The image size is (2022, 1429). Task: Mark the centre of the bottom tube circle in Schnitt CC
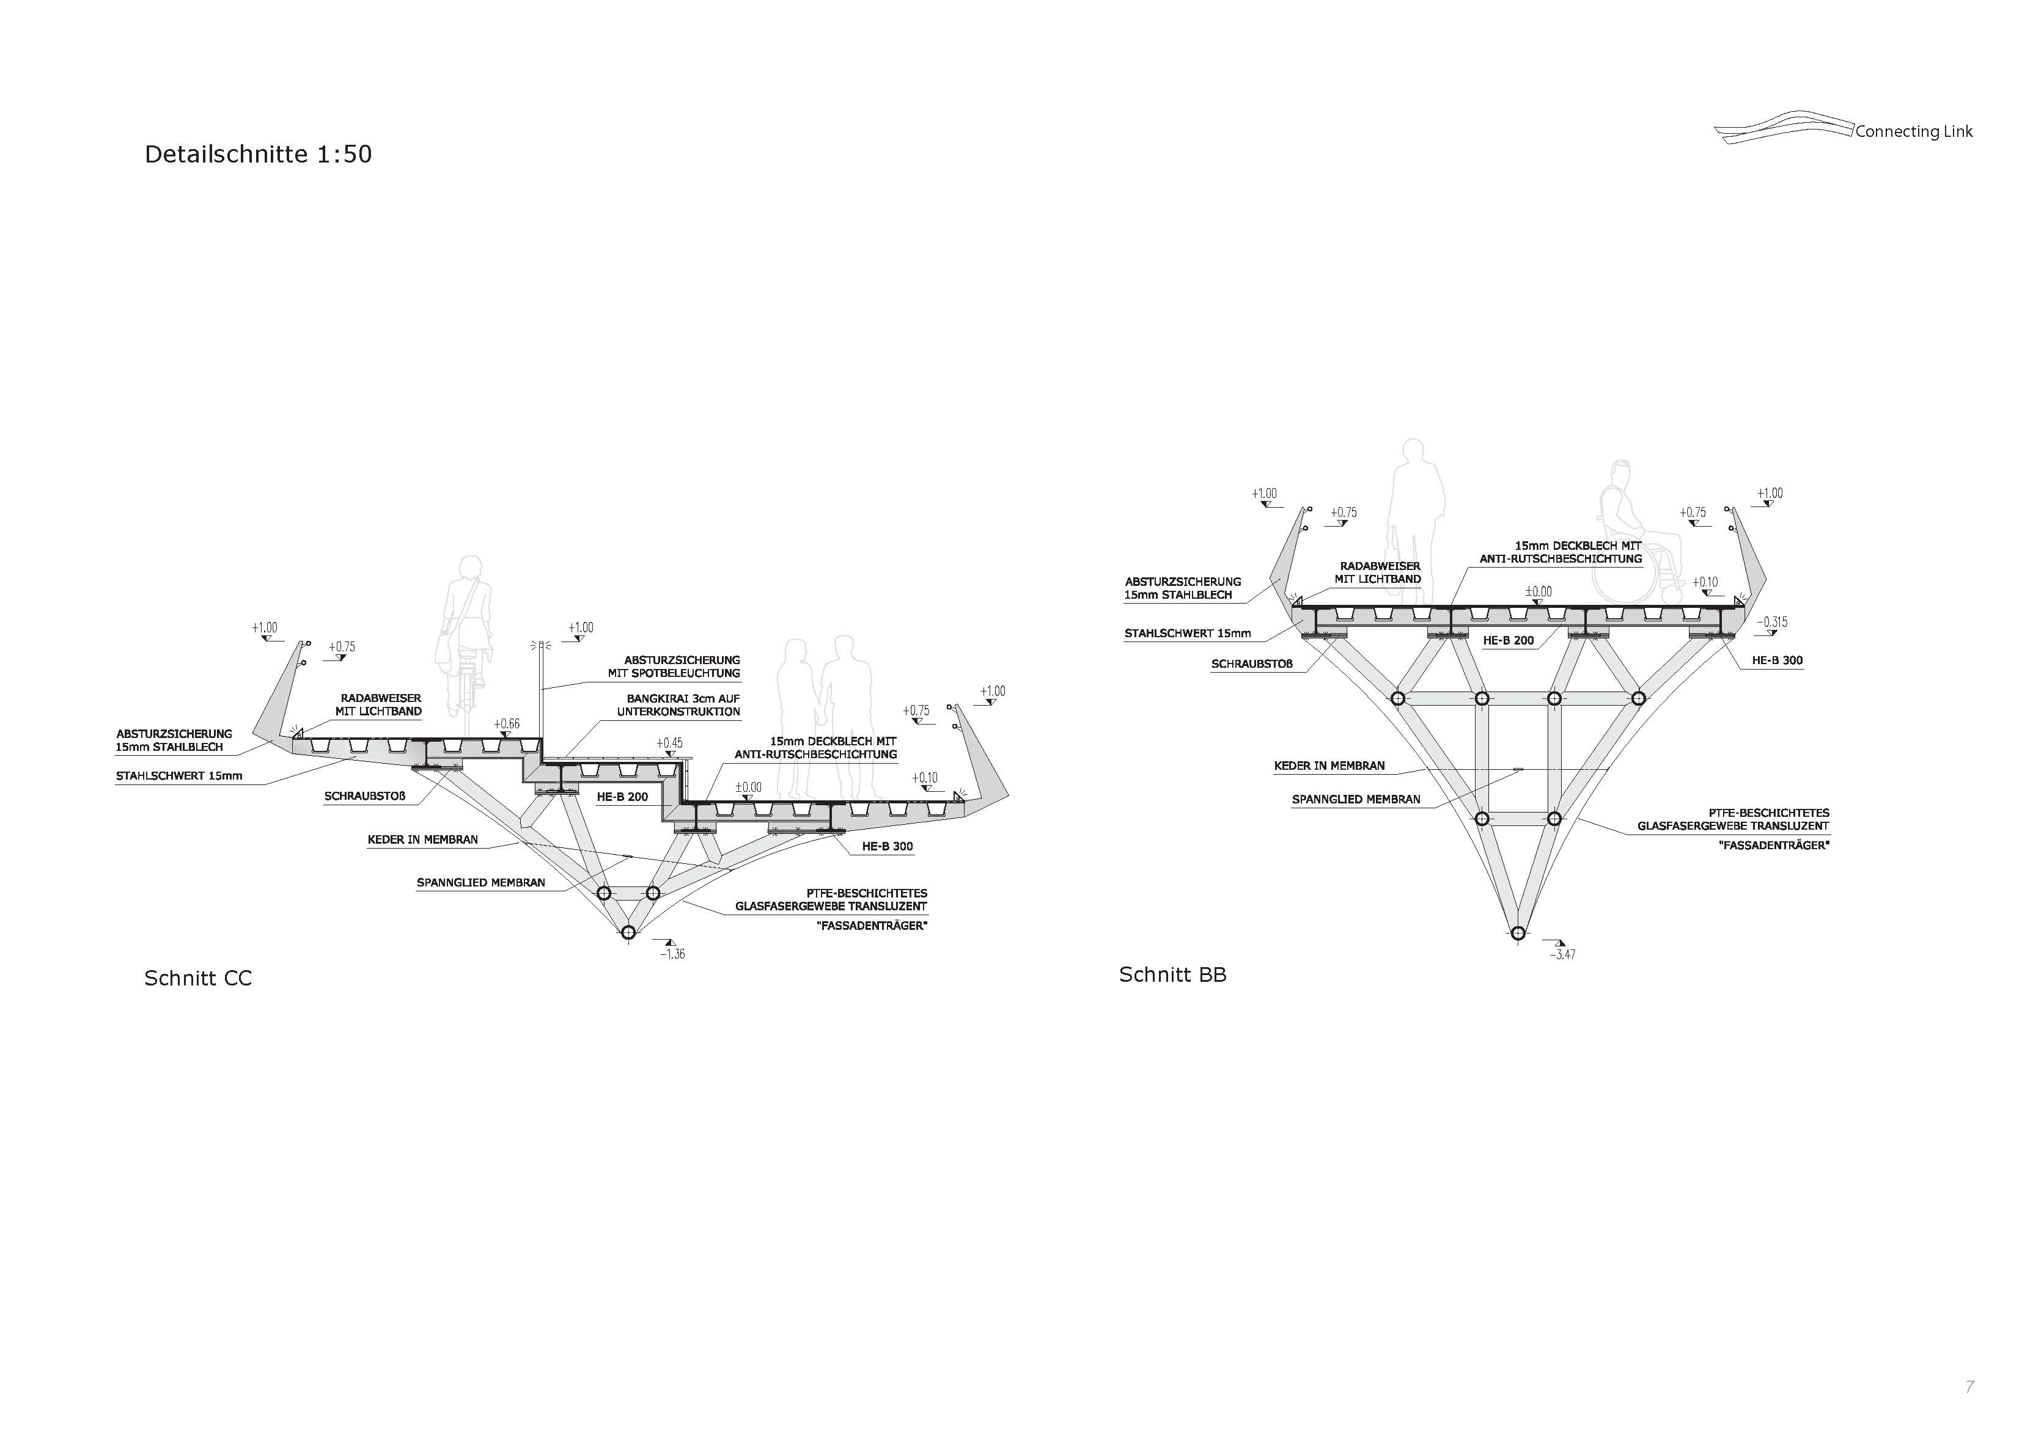(628, 932)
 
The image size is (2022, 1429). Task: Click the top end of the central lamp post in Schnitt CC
(539, 643)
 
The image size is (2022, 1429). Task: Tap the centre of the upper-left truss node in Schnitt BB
(1397, 698)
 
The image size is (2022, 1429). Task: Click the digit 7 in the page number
(1969, 1387)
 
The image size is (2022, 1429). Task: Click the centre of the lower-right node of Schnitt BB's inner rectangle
(1554, 819)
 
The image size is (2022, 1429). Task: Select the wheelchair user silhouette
(1639, 537)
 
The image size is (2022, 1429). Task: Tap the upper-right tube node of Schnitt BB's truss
(1638, 698)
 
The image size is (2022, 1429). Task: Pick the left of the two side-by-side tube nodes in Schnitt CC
(603, 893)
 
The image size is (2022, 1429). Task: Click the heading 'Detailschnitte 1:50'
(258, 154)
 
